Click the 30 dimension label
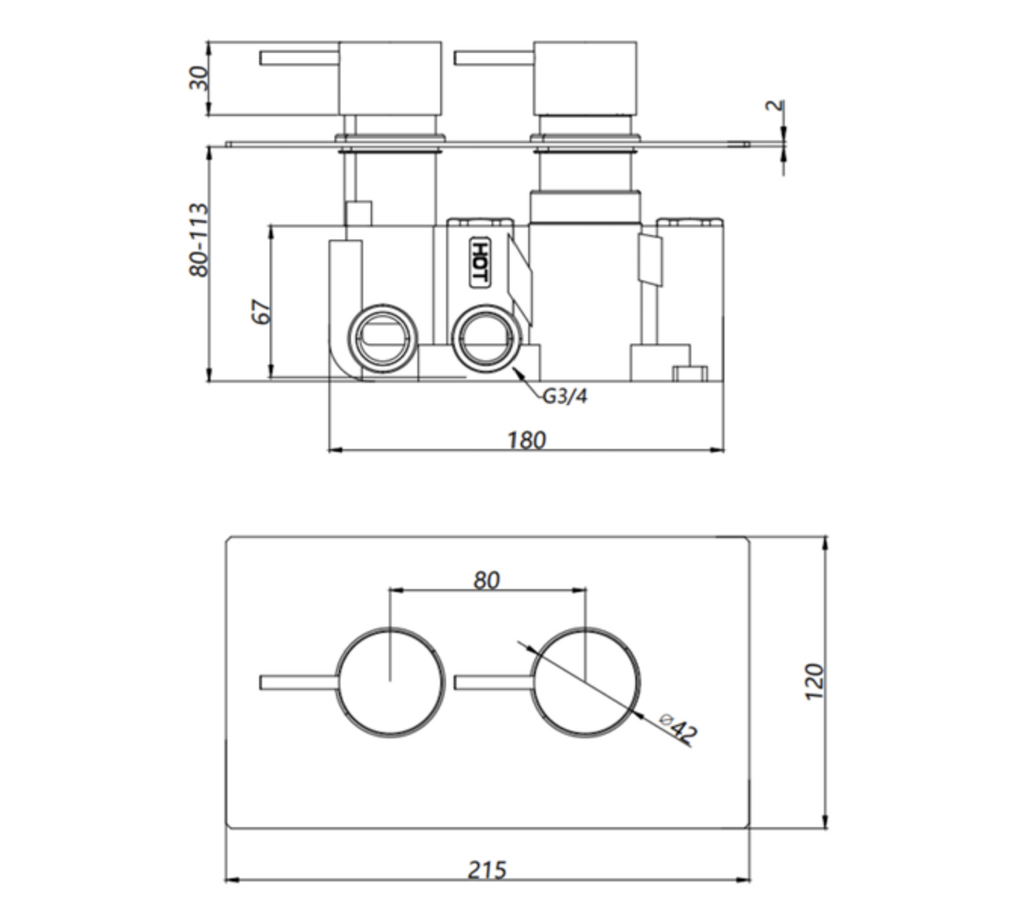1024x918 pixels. click(x=198, y=78)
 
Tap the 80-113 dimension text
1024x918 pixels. click(x=198, y=240)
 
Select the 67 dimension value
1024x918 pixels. click(x=261, y=312)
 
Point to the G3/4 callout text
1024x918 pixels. click(x=564, y=396)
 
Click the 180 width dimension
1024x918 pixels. click(x=526, y=440)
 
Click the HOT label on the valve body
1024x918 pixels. click(x=480, y=262)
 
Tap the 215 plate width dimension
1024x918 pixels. click(x=487, y=869)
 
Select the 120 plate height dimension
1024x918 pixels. click(x=814, y=682)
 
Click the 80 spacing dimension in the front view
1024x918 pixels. click(x=486, y=581)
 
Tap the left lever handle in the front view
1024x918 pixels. click(x=299, y=683)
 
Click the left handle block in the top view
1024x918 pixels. click(x=390, y=78)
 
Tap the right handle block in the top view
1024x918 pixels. click(x=585, y=78)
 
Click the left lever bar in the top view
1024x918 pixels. click(x=299, y=57)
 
